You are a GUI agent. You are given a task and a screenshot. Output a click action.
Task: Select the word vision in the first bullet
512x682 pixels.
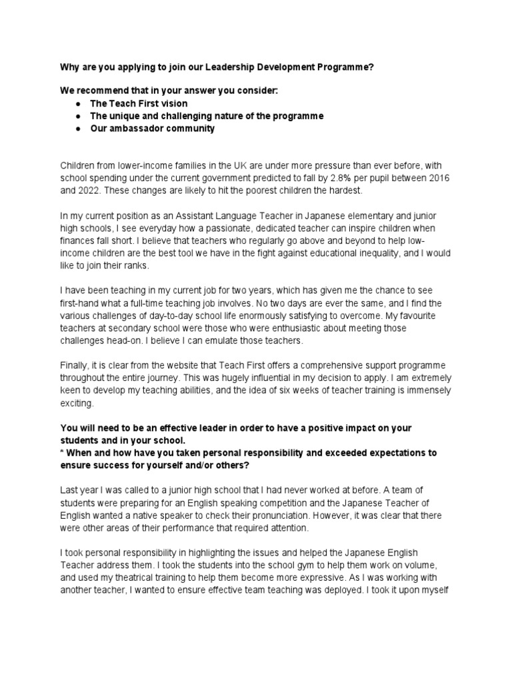pyautogui.click(x=172, y=103)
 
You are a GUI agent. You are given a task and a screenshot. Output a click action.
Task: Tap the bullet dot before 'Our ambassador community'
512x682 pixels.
pyautogui.click(x=79, y=129)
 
